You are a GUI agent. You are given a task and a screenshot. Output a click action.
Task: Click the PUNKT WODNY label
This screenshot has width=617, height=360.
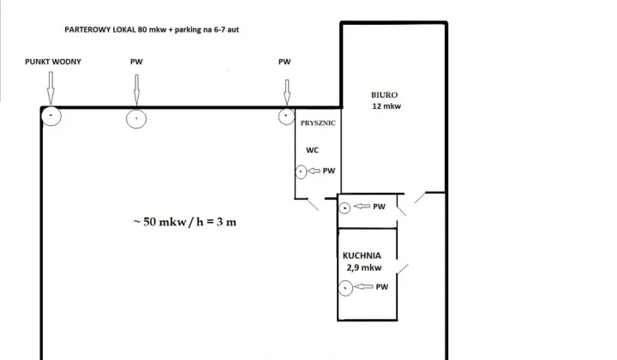click(53, 62)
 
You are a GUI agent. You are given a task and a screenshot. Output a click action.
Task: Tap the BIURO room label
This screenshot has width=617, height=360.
click(385, 95)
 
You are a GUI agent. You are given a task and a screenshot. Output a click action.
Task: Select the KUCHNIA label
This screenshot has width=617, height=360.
click(362, 255)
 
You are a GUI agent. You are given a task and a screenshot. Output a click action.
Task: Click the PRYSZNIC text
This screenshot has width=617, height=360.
click(318, 123)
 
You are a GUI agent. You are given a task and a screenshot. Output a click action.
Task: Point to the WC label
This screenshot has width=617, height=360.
click(313, 150)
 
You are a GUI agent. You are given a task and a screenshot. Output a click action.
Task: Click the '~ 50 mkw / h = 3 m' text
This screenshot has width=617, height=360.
click(185, 222)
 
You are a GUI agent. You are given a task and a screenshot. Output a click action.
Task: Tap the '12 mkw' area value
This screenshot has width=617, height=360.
click(386, 106)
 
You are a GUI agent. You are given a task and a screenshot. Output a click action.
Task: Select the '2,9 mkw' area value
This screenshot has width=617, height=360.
click(364, 268)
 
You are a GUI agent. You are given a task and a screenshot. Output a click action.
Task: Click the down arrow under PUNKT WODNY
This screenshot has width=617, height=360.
click(51, 88)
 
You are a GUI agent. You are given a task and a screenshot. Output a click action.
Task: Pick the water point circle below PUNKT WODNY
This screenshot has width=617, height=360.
click(51, 106)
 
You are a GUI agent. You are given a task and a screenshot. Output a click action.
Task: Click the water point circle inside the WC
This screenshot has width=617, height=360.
click(301, 165)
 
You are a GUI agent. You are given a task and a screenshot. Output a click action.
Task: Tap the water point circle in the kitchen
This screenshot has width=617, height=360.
click(345, 281)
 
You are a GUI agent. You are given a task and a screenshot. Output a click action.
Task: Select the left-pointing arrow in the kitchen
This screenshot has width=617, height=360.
click(363, 287)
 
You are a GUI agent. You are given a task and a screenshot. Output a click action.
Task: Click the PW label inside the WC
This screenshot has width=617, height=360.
click(329, 171)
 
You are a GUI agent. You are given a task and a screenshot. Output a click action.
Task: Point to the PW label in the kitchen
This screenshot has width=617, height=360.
click(382, 287)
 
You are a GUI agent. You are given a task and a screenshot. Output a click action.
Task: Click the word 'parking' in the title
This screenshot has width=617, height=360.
click(188, 30)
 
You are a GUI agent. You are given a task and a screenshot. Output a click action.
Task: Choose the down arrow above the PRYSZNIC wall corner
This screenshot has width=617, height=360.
click(287, 92)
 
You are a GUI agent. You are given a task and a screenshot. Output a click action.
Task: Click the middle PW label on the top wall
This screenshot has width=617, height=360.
click(136, 62)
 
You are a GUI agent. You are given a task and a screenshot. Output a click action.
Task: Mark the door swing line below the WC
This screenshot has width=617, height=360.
click(313, 205)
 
